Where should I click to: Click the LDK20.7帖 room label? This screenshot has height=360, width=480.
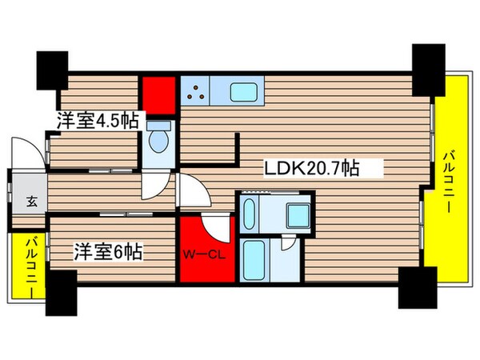point(311,170)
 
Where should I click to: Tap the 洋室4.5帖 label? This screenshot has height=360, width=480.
point(98,122)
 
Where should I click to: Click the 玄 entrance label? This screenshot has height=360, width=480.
point(29,201)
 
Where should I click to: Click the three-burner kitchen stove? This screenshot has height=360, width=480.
point(195,94)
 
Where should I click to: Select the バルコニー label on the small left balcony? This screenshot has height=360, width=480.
point(30,266)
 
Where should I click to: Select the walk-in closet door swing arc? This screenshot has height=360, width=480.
point(218,226)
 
